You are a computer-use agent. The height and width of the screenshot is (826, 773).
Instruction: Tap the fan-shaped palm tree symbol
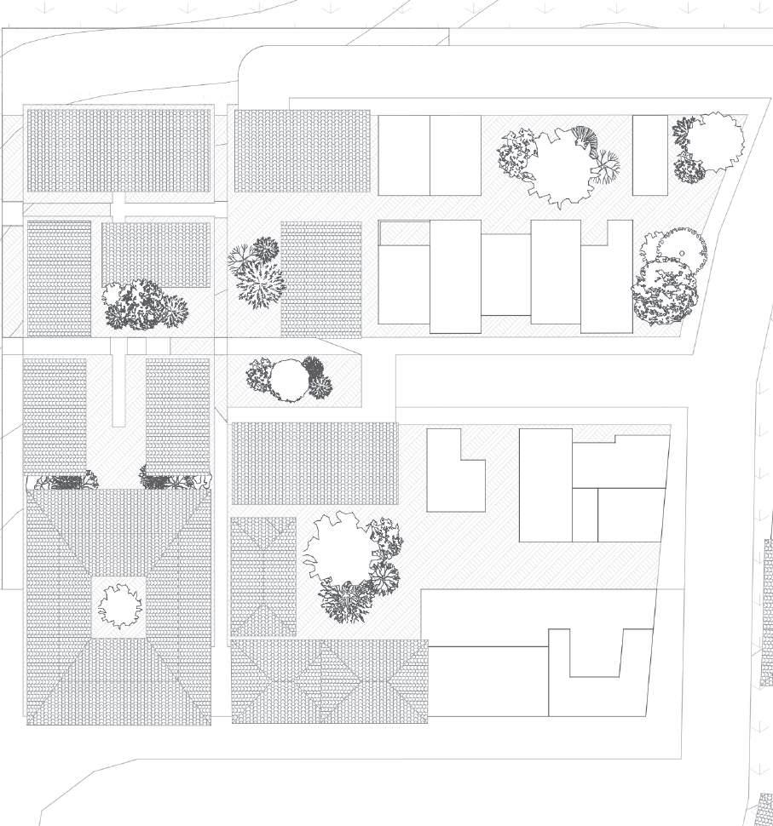click(585, 137)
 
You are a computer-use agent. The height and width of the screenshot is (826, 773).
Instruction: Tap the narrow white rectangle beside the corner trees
click(649, 155)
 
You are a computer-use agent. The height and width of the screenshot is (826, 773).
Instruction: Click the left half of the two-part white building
click(404, 155)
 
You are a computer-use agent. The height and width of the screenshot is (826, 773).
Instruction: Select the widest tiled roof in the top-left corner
click(118, 150)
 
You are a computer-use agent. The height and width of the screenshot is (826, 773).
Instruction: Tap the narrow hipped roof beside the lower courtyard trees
click(262, 576)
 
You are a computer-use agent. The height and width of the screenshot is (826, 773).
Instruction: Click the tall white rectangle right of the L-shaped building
click(545, 485)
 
